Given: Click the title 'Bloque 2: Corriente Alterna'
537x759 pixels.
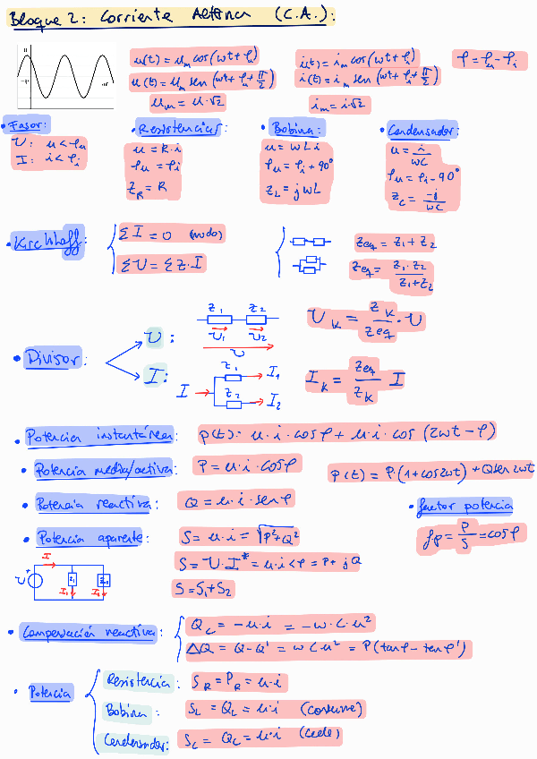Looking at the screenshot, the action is coord(170,16).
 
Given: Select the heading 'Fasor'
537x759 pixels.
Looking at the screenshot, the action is coord(27,124).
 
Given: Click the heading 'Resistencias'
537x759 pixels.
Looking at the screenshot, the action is coord(180,128).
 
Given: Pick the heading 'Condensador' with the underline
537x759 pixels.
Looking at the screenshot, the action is coord(422,131).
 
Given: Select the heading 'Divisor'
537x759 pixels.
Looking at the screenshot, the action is coord(54,358).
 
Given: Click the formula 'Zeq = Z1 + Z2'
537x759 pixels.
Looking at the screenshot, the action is coord(394,242).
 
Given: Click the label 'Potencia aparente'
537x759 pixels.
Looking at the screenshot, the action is coord(89,538).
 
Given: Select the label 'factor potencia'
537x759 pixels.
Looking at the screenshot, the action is coord(465,507).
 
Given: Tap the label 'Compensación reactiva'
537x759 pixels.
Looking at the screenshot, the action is coord(89,632).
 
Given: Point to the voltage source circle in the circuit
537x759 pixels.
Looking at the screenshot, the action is coord(37,583).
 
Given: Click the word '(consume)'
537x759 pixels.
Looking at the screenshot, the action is coord(330,710).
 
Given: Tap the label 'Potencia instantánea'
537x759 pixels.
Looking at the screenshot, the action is coord(98,437).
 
